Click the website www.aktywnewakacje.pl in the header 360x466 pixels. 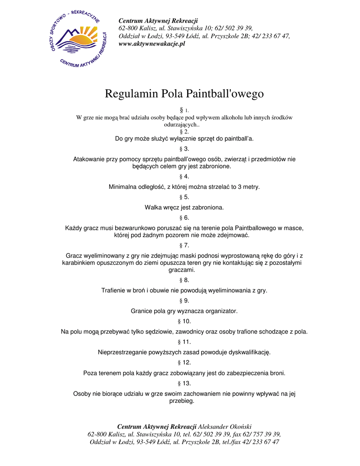click(152, 44)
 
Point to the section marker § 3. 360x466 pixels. click(184, 149)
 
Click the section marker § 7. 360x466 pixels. click(184, 245)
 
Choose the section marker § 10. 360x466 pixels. click(184, 321)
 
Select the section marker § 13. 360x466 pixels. click(184, 384)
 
